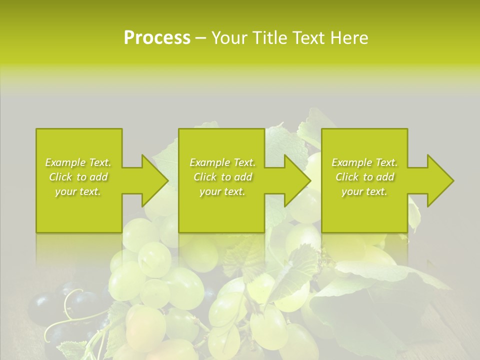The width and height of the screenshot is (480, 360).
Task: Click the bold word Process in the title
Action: pyautogui.click(x=157, y=38)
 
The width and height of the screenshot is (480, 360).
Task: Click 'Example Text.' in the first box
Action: pyautogui.click(x=78, y=162)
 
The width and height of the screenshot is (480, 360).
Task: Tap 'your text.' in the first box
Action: pyautogui.click(x=78, y=191)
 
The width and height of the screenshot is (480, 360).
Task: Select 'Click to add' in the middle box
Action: pyautogui.click(x=222, y=177)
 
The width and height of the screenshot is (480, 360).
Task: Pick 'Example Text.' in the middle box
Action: pyautogui.click(x=222, y=162)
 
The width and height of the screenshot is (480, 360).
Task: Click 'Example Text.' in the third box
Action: pyautogui.click(x=364, y=162)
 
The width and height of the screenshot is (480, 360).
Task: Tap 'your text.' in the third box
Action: pyautogui.click(x=364, y=191)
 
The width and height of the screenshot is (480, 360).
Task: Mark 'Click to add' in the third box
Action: pyautogui.click(x=364, y=177)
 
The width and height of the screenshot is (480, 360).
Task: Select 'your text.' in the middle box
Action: pyautogui.click(x=222, y=191)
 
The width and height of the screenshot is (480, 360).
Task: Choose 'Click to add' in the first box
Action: pyautogui.click(x=78, y=177)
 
